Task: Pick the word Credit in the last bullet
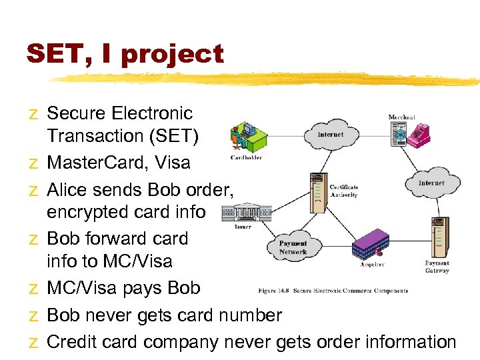73,342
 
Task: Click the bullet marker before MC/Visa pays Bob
33,289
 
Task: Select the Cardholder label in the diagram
246,158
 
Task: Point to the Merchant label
402,117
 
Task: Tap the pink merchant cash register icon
419,134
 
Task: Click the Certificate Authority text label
344,191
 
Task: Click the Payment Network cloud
293,247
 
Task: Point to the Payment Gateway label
437,267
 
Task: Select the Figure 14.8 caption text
333,291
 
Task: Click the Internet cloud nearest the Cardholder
331,135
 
